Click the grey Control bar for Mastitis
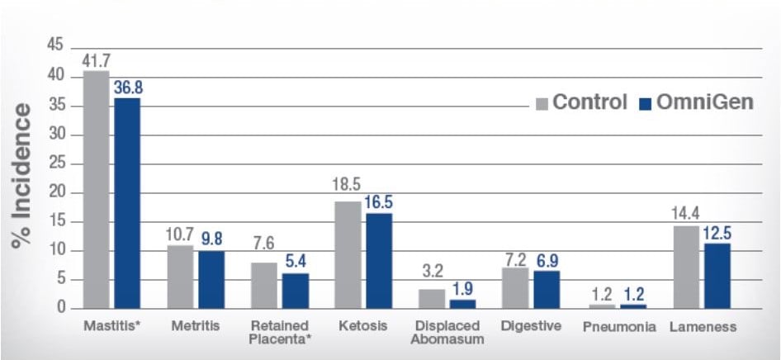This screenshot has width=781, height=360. pos(97,190)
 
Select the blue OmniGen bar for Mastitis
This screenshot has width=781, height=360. pos(127,203)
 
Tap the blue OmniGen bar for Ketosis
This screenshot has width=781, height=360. pos(379,261)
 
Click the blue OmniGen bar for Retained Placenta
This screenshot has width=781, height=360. pos(296,291)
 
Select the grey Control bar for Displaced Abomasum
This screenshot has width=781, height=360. pos(432,298)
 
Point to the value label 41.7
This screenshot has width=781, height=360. pos(97,60)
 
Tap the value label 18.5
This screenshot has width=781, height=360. pos(348,190)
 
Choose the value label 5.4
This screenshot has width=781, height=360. pos(296,262)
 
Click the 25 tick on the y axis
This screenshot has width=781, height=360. pos(55,163)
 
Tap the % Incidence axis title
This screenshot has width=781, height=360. pos(23,175)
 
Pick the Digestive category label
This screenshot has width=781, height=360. pos(531,326)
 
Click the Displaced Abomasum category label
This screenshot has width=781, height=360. pos(447,332)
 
